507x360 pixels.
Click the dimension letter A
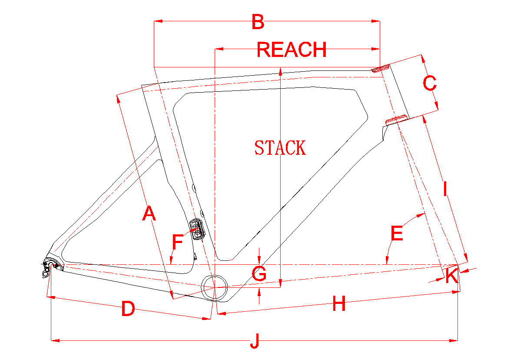[x=149, y=213]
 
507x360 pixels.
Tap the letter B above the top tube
[x=258, y=22]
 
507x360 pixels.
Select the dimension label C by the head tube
[x=429, y=83]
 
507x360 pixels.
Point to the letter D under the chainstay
[x=128, y=309]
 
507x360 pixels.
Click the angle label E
[x=397, y=234]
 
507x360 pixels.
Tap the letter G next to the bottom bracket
[x=259, y=274]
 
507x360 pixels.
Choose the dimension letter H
[x=339, y=304]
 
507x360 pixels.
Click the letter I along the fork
[x=444, y=189]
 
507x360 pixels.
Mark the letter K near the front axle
[x=451, y=276]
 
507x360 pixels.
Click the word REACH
[x=292, y=50]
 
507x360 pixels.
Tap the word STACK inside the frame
[x=280, y=148]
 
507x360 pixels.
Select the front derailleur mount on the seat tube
[x=196, y=229]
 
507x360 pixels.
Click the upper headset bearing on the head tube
[x=381, y=68]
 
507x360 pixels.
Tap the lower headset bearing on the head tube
[x=396, y=119]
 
